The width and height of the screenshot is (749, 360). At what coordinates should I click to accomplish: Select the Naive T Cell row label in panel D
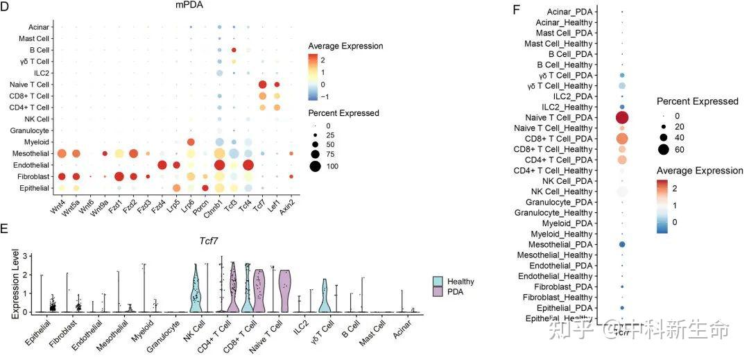[30, 85]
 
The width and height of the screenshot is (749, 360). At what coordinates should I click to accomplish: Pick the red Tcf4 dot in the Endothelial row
[248, 164]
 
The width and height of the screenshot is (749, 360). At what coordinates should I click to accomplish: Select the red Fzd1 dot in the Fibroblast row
[119, 176]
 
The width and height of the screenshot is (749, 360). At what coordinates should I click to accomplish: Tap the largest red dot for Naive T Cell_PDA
[621, 118]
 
